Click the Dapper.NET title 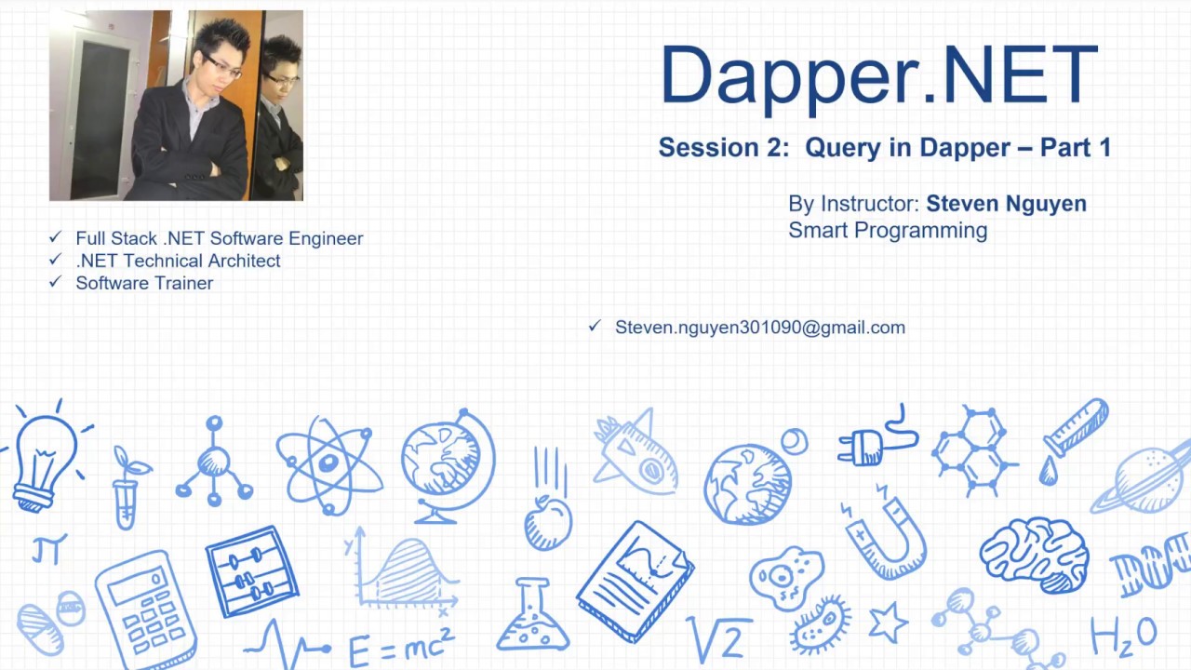(878, 76)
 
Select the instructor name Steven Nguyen (1006, 204)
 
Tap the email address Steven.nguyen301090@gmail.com (759, 328)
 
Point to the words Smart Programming (887, 230)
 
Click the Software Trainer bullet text (144, 283)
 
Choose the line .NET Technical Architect (178, 261)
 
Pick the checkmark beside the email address (595, 326)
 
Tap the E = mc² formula (401, 645)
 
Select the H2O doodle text (1124, 635)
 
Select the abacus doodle (250, 570)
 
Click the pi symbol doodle (49, 550)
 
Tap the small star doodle (888, 622)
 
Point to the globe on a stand (447, 463)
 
